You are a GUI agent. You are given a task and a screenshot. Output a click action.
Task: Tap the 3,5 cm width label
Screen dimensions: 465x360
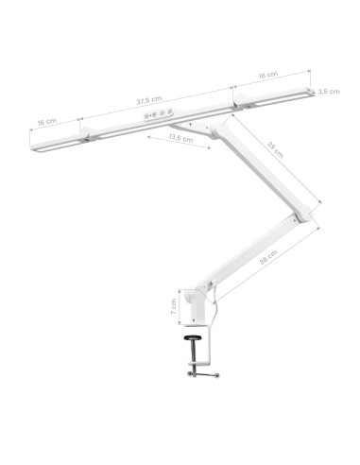click(329, 92)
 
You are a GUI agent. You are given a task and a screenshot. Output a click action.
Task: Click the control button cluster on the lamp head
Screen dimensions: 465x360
click(157, 114)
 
